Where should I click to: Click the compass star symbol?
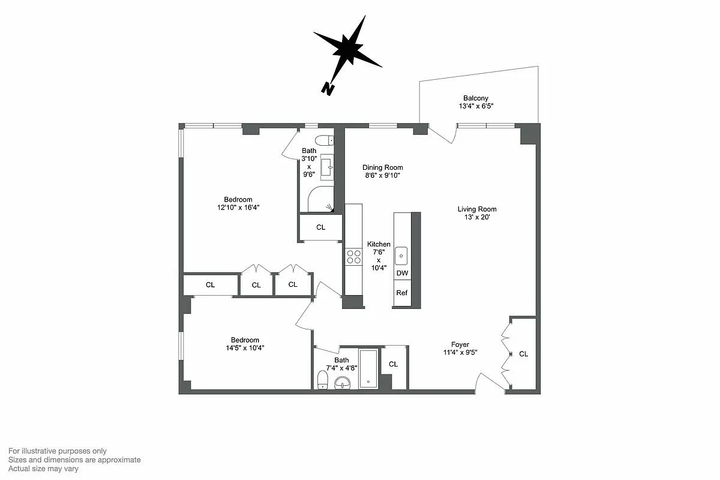[347, 49]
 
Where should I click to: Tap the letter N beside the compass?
[328, 88]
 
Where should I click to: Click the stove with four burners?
[353, 257]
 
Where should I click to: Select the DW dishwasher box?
[402, 273]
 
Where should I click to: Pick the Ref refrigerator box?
[402, 293]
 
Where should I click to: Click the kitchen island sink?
[401, 256]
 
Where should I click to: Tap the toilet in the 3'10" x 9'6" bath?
[324, 140]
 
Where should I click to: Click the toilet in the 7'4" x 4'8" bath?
[323, 379]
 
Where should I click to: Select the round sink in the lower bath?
[343, 382]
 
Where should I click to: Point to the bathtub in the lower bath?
[368, 368]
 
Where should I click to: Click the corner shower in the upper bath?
[321, 199]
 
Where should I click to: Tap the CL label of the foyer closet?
[523, 354]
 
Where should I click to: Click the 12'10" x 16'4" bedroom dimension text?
[238, 207]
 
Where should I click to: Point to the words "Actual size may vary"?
[43, 469]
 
